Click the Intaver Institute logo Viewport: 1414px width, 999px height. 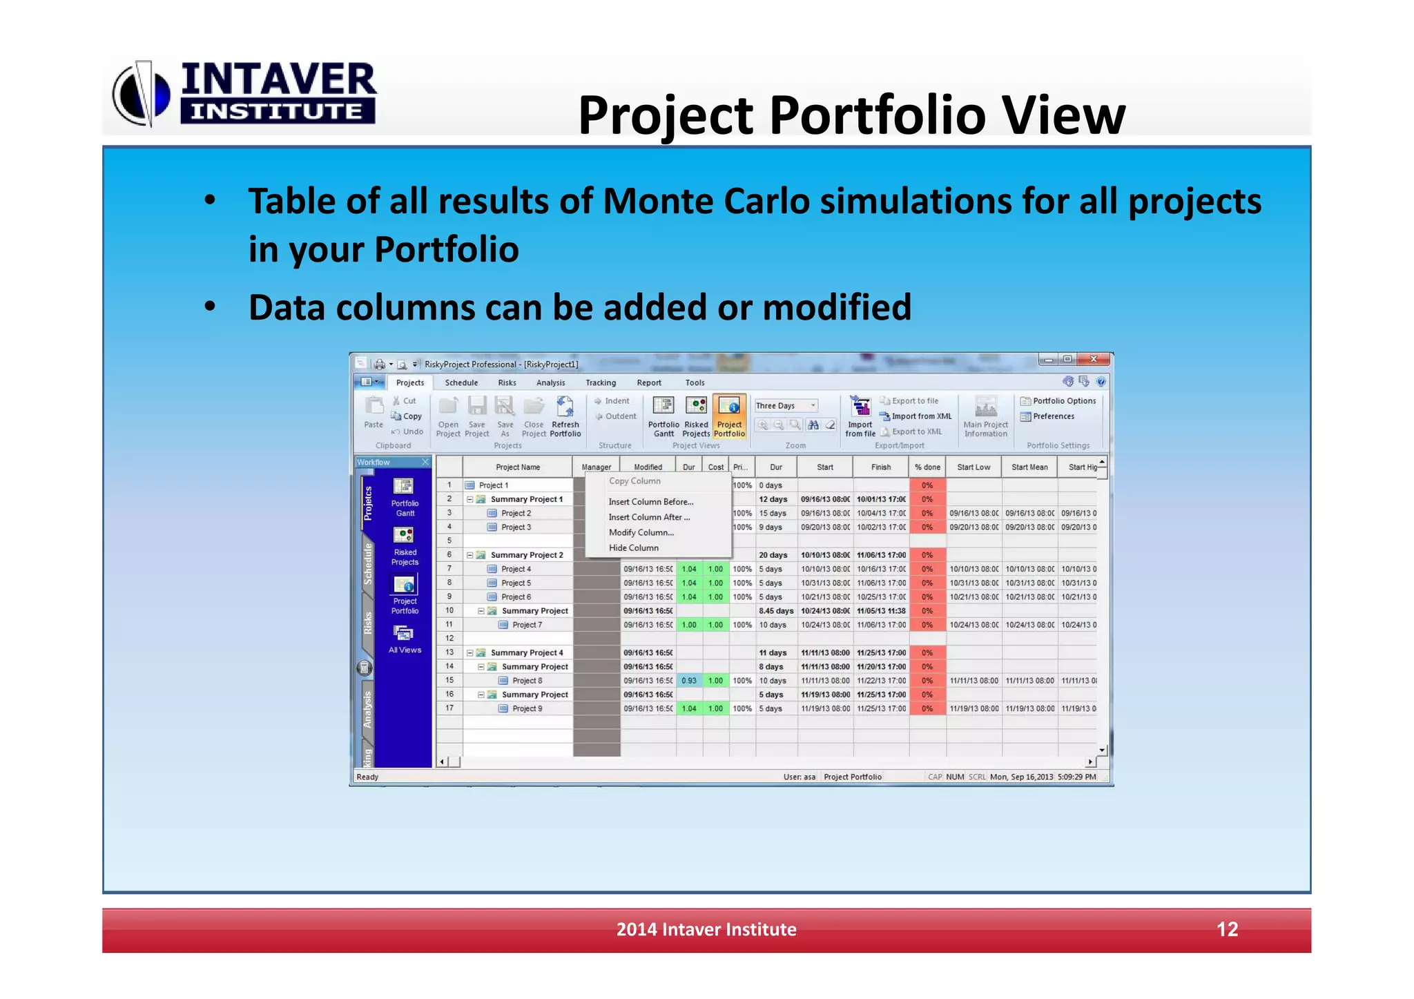(245, 94)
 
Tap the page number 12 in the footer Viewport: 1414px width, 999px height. (1226, 929)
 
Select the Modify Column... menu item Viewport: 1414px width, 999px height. (641, 532)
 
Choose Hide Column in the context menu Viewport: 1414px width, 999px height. (633, 547)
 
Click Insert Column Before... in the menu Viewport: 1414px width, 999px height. (650, 502)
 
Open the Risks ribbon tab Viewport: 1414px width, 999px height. (507, 382)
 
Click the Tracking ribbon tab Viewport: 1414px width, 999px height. (600, 382)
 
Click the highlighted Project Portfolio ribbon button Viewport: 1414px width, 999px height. (729, 416)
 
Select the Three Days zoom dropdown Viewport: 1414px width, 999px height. (786, 405)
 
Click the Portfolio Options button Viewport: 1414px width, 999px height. (1058, 400)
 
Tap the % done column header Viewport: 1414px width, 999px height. (927, 467)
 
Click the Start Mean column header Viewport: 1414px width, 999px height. (1029, 467)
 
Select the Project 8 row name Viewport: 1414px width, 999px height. (527, 680)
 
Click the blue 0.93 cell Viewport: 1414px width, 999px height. (688, 680)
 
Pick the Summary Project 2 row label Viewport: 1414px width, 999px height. (526, 554)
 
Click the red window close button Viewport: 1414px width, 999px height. (1094, 359)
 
